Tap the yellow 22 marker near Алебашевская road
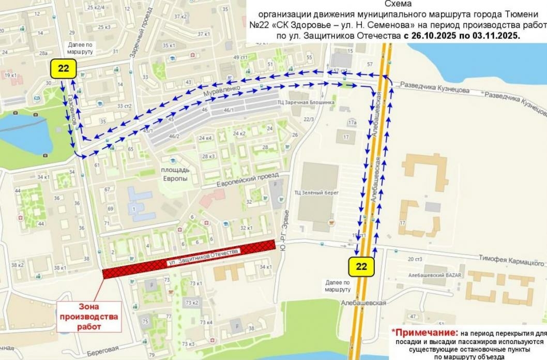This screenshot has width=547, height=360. (x=361, y=266)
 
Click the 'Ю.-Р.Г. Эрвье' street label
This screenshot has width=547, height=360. (x=284, y=227)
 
